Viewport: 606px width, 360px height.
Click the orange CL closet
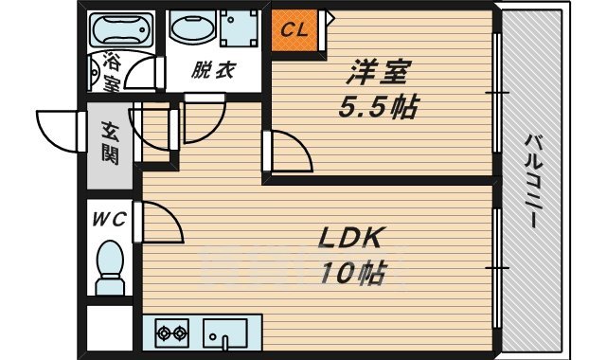coord(295,29)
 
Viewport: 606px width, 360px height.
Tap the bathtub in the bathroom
coord(124,29)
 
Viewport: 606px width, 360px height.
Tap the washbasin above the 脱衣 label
coord(194,29)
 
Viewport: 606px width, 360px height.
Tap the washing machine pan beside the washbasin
coord(240,29)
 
